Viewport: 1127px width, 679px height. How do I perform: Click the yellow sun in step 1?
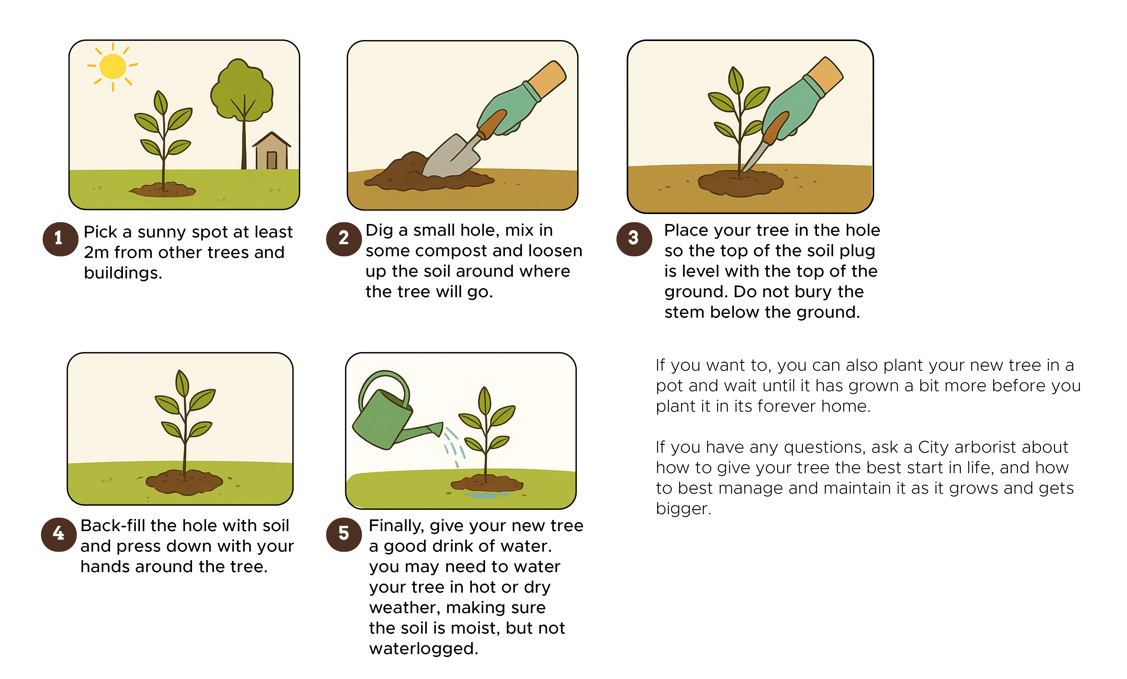pyautogui.click(x=112, y=66)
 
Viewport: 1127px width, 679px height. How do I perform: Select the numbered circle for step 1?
pyautogui.click(x=60, y=239)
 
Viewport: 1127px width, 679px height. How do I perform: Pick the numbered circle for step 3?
pyautogui.click(x=634, y=239)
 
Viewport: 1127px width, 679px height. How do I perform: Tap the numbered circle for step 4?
pyautogui.click(x=59, y=534)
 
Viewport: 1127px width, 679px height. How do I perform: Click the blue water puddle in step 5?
pyautogui.click(x=486, y=494)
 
